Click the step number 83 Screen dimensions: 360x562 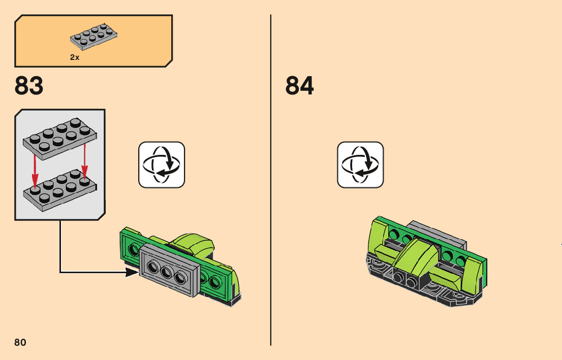pyautogui.click(x=29, y=86)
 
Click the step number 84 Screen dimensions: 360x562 pyautogui.click(x=300, y=86)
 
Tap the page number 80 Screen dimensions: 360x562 pyautogui.click(x=20, y=342)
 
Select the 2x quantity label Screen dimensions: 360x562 pyautogui.click(x=75, y=57)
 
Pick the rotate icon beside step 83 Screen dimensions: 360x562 pyautogui.click(x=162, y=165)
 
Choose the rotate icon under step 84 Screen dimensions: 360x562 pyautogui.click(x=360, y=165)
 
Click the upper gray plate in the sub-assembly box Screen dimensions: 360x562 pyautogui.click(x=60, y=137)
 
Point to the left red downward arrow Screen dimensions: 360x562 pyautogui.click(x=35, y=168)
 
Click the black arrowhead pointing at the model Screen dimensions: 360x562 pyautogui.click(x=132, y=273)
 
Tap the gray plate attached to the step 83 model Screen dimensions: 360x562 pyautogui.click(x=168, y=270)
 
